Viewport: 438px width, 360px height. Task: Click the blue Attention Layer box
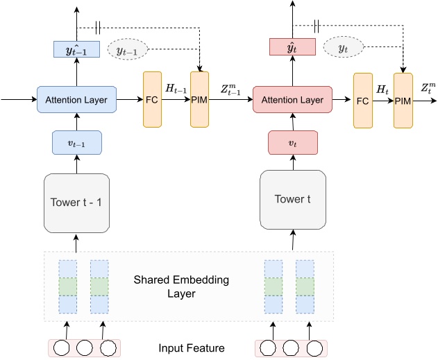[76, 100]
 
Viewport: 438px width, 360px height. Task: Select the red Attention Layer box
[292, 100]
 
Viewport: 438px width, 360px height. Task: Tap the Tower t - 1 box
[76, 203]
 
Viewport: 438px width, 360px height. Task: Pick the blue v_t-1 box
[76, 142]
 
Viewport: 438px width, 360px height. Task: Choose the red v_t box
[292, 142]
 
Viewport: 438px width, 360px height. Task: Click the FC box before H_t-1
[152, 99]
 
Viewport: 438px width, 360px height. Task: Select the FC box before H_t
[362, 100]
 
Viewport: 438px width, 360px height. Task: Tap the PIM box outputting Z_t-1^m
[199, 99]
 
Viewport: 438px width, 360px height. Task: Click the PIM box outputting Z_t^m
[403, 100]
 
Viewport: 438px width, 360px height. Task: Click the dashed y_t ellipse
[343, 47]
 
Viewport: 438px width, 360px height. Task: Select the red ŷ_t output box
[292, 47]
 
